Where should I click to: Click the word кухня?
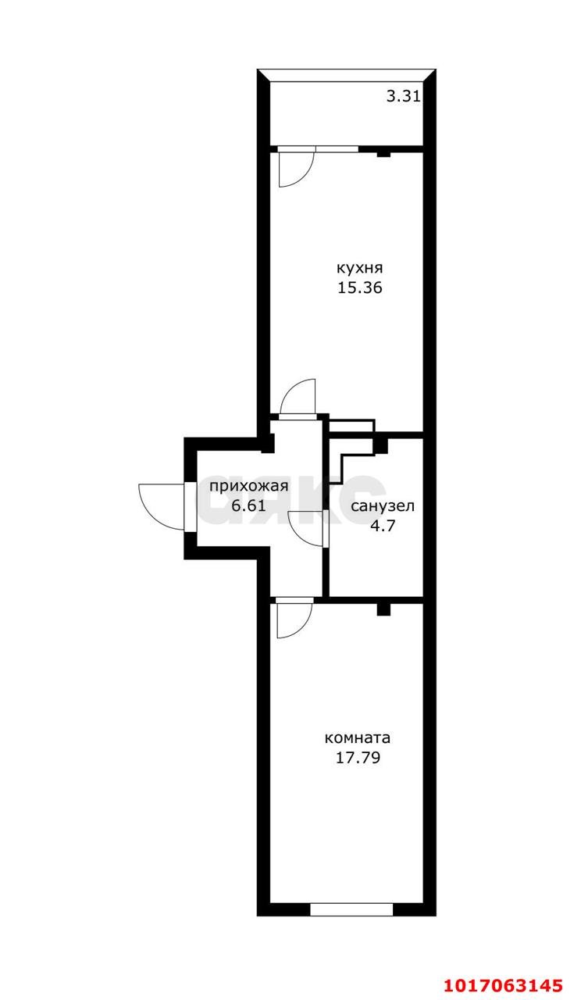(360, 269)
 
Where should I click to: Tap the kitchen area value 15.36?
(360, 288)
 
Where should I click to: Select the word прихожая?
(249, 486)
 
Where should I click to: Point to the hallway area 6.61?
(249, 505)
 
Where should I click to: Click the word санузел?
(383, 506)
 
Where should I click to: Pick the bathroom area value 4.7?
(383, 526)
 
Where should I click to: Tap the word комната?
(358, 738)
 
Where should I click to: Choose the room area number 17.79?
(358, 758)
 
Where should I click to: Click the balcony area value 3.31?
(404, 96)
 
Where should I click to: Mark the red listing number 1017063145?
(503, 984)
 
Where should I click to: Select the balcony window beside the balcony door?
(337, 148)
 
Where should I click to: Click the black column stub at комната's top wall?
(383, 609)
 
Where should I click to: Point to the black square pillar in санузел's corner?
(380, 445)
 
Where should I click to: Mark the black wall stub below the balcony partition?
(383, 154)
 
